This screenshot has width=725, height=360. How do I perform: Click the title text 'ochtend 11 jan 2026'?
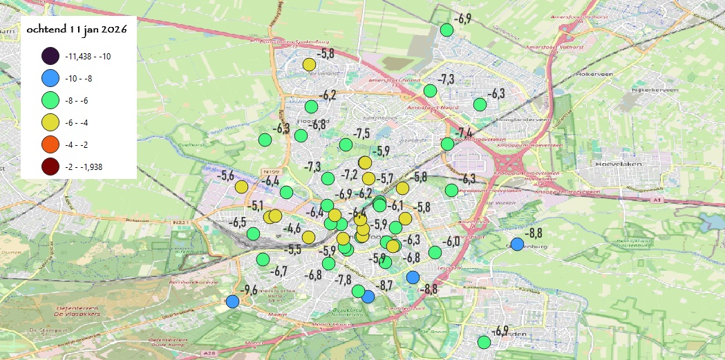(77, 30)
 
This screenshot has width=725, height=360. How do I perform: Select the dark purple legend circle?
(50, 57)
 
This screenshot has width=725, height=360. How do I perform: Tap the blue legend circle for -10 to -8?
(50, 79)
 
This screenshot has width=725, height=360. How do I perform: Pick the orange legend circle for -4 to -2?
(50, 145)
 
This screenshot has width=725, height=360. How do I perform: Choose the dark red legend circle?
(50, 167)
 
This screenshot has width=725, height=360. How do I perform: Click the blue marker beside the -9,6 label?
(232, 302)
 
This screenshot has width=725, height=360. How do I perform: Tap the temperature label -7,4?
(464, 132)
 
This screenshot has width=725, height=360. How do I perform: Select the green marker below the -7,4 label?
(447, 144)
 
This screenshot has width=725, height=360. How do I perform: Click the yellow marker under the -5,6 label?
(241, 187)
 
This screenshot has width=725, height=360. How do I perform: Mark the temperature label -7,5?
(361, 133)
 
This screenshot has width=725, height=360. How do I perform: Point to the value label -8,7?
(384, 285)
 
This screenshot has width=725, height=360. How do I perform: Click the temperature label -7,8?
(343, 279)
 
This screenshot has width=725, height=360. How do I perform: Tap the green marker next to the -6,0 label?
(435, 252)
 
